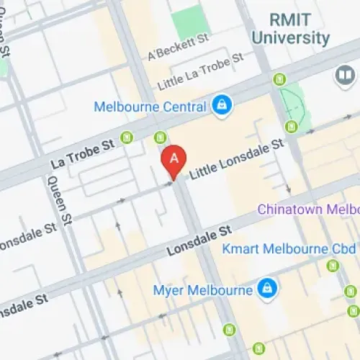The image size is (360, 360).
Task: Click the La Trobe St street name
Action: point(83,155)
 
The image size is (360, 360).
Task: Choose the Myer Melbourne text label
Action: point(204,291)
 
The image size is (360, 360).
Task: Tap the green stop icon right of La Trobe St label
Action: point(127,137)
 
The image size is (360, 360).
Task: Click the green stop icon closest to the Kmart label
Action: point(332,266)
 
